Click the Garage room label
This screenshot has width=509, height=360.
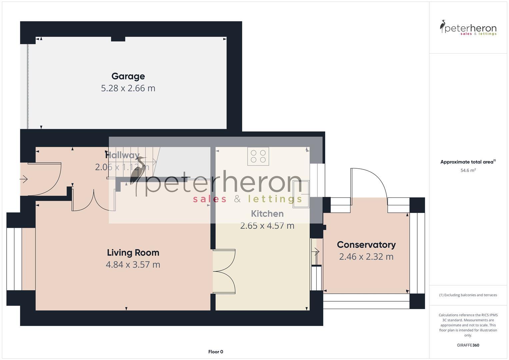[x=128, y=76]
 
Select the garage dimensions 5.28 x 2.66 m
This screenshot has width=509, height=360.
[x=128, y=88]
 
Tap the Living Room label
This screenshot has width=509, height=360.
[x=133, y=253]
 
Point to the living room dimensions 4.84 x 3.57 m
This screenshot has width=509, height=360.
[x=133, y=265]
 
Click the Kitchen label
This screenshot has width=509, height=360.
[x=267, y=214]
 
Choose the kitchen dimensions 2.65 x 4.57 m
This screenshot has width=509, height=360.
[x=267, y=226]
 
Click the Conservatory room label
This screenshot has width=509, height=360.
[x=366, y=245]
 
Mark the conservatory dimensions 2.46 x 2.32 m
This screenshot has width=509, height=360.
[x=366, y=257]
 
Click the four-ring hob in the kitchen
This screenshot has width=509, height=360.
[x=258, y=156]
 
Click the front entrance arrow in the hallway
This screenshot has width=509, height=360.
[x=24, y=179]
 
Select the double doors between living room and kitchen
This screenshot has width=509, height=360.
[x=224, y=271]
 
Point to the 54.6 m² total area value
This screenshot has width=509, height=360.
[x=468, y=170]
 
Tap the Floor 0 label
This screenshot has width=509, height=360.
[x=215, y=352]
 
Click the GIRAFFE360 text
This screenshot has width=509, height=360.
[x=468, y=345]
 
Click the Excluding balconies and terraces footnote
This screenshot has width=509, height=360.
[x=468, y=295]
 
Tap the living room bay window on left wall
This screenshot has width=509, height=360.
[x=14, y=259]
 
